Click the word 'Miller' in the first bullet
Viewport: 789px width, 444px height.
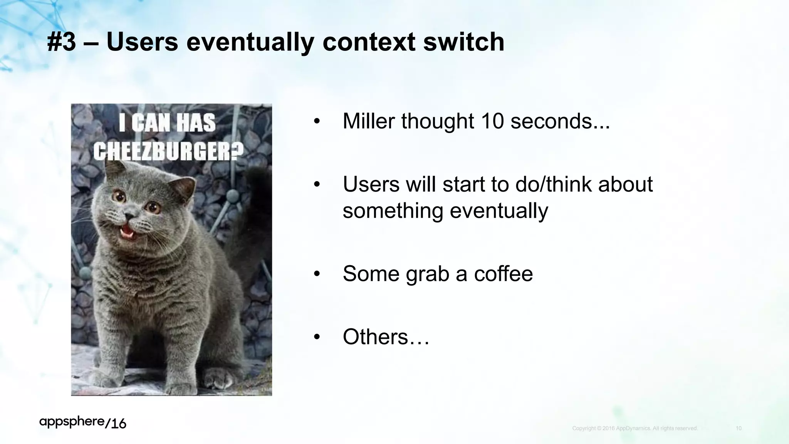click(x=369, y=121)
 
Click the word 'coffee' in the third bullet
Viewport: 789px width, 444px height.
click(x=503, y=274)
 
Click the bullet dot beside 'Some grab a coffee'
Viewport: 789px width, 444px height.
click(x=317, y=274)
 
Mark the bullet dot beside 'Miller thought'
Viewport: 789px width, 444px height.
click(x=317, y=122)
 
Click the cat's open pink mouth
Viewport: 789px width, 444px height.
click(x=126, y=232)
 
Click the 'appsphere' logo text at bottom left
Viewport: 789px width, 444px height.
click(x=72, y=422)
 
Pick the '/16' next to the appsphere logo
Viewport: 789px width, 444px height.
click(x=116, y=424)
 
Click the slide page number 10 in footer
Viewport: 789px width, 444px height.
click(x=739, y=428)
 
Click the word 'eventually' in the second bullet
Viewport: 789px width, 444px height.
click(x=499, y=211)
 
